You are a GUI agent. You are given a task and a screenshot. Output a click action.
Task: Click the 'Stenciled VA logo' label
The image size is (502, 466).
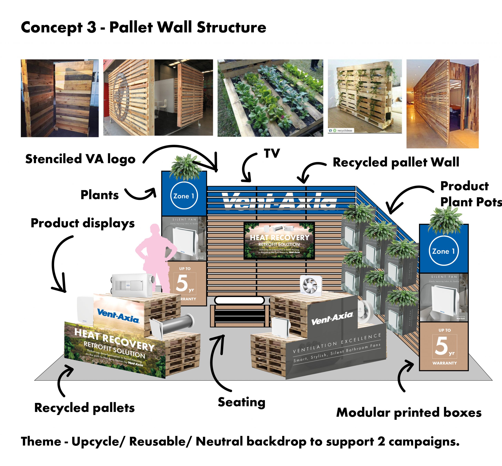coord(80,159)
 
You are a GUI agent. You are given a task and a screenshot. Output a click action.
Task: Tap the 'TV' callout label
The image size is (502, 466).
coord(272,153)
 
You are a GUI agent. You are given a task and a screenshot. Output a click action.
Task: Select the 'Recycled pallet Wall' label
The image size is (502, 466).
coord(396,162)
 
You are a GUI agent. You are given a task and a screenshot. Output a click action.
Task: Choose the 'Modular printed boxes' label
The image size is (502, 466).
coord(409,413)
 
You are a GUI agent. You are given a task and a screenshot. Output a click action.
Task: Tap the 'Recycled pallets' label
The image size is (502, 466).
coord(84,408)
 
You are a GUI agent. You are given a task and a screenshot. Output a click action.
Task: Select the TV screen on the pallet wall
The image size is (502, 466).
coord(279,241)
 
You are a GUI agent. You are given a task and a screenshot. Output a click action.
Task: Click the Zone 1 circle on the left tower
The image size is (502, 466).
coord(184,196)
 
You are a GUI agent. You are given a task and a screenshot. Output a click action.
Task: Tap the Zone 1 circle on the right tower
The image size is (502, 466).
coord(443,251)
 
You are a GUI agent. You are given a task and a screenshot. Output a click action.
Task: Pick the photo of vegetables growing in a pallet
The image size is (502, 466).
coord(270,98)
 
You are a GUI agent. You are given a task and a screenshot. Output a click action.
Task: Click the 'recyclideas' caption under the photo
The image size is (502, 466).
coord(344,130)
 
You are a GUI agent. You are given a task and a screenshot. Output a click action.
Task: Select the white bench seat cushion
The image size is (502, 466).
coord(239,300)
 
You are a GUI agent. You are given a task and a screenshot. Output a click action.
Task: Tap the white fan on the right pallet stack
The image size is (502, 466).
coord(311,285)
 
